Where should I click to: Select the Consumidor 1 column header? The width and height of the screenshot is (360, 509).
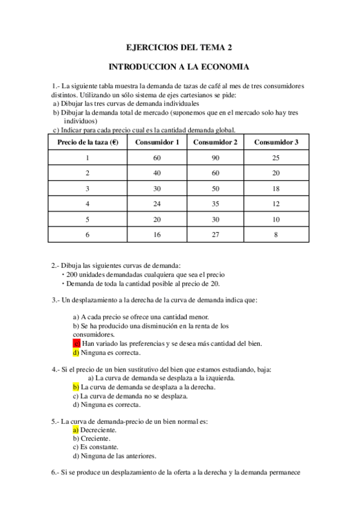click(x=157, y=142)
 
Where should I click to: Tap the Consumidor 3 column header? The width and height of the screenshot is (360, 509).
click(x=276, y=142)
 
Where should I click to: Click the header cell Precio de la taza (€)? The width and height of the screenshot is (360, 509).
click(x=87, y=142)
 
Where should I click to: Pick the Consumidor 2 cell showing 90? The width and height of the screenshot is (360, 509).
click(x=215, y=158)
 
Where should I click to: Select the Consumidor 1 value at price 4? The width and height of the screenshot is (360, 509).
click(x=157, y=203)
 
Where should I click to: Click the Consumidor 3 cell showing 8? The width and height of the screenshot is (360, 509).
click(x=276, y=235)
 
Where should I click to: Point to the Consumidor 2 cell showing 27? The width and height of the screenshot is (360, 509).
click(x=215, y=235)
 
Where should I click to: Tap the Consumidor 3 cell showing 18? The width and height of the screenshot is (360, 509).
click(x=276, y=188)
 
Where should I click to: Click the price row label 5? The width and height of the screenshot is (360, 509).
click(x=87, y=219)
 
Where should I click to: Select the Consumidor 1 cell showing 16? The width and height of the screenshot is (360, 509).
click(x=157, y=235)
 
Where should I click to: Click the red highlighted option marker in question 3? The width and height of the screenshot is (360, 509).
click(x=76, y=343)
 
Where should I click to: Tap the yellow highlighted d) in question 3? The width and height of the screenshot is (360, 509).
click(x=76, y=352)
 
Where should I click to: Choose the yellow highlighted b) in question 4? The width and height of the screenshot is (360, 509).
click(x=76, y=387)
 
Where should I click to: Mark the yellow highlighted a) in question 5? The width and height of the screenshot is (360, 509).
click(x=76, y=430)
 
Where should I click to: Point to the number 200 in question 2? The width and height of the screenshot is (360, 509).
click(x=72, y=274)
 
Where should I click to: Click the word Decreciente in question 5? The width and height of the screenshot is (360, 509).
click(x=99, y=430)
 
